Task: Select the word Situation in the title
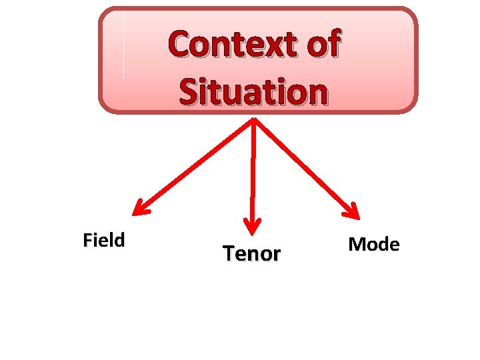(x=253, y=91)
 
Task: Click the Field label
(x=103, y=239)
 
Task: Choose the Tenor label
(x=252, y=253)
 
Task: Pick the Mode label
(x=374, y=244)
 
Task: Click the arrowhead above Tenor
(x=253, y=227)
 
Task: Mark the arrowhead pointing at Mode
(x=351, y=211)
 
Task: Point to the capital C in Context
(x=180, y=45)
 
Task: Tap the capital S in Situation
(x=188, y=92)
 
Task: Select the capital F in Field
(x=87, y=240)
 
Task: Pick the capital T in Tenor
(x=229, y=253)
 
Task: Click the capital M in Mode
(x=356, y=244)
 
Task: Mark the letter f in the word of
(x=333, y=44)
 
